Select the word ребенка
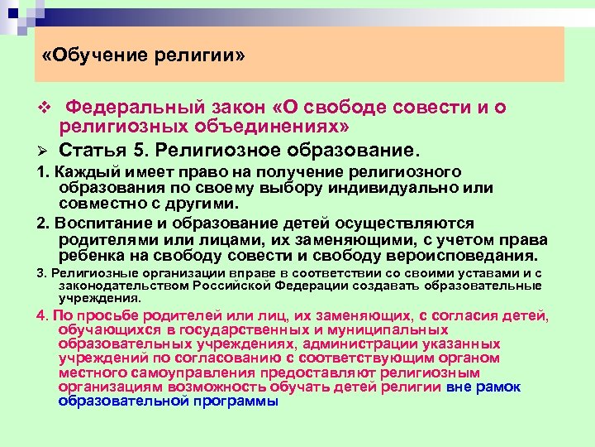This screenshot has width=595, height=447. pyautogui.click(x=90, y=255)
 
